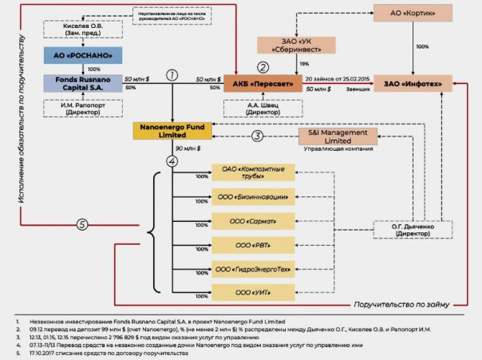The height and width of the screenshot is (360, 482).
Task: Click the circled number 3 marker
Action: [257, 136]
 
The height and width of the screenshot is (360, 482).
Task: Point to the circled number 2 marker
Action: [262, 66]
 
